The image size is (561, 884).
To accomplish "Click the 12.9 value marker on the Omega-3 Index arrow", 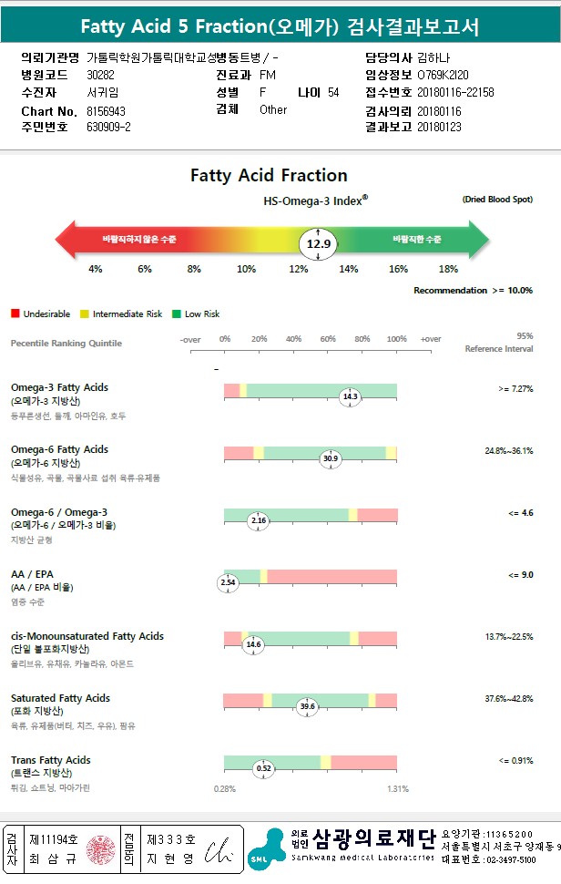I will click(318, 244).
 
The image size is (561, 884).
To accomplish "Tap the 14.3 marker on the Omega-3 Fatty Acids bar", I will click(350, 396).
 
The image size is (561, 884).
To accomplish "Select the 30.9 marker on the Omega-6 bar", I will click(330, 458).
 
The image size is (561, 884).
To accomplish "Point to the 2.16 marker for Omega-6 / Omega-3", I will click(258, 520).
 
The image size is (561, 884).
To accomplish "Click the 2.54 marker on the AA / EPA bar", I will click(228, 581).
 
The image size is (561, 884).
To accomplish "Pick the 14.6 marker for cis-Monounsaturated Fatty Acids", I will click(253, 643).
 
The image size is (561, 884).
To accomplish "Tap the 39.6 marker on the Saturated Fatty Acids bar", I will click(307, 705).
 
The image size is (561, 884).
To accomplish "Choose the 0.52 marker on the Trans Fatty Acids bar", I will click(263, 768).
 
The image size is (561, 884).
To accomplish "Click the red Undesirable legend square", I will click(15, 314).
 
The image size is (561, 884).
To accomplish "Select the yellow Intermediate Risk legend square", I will click(84, 314).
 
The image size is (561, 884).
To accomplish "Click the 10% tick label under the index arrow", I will click(246, 269).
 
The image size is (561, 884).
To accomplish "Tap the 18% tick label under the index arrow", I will click(448, 269).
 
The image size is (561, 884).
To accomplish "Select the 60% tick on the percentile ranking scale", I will click(328, 339).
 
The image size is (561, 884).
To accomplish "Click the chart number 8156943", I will click(107, 110).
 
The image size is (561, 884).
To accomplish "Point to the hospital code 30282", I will click(101, 75).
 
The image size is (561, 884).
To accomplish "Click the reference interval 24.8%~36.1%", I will click(509, 450).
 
